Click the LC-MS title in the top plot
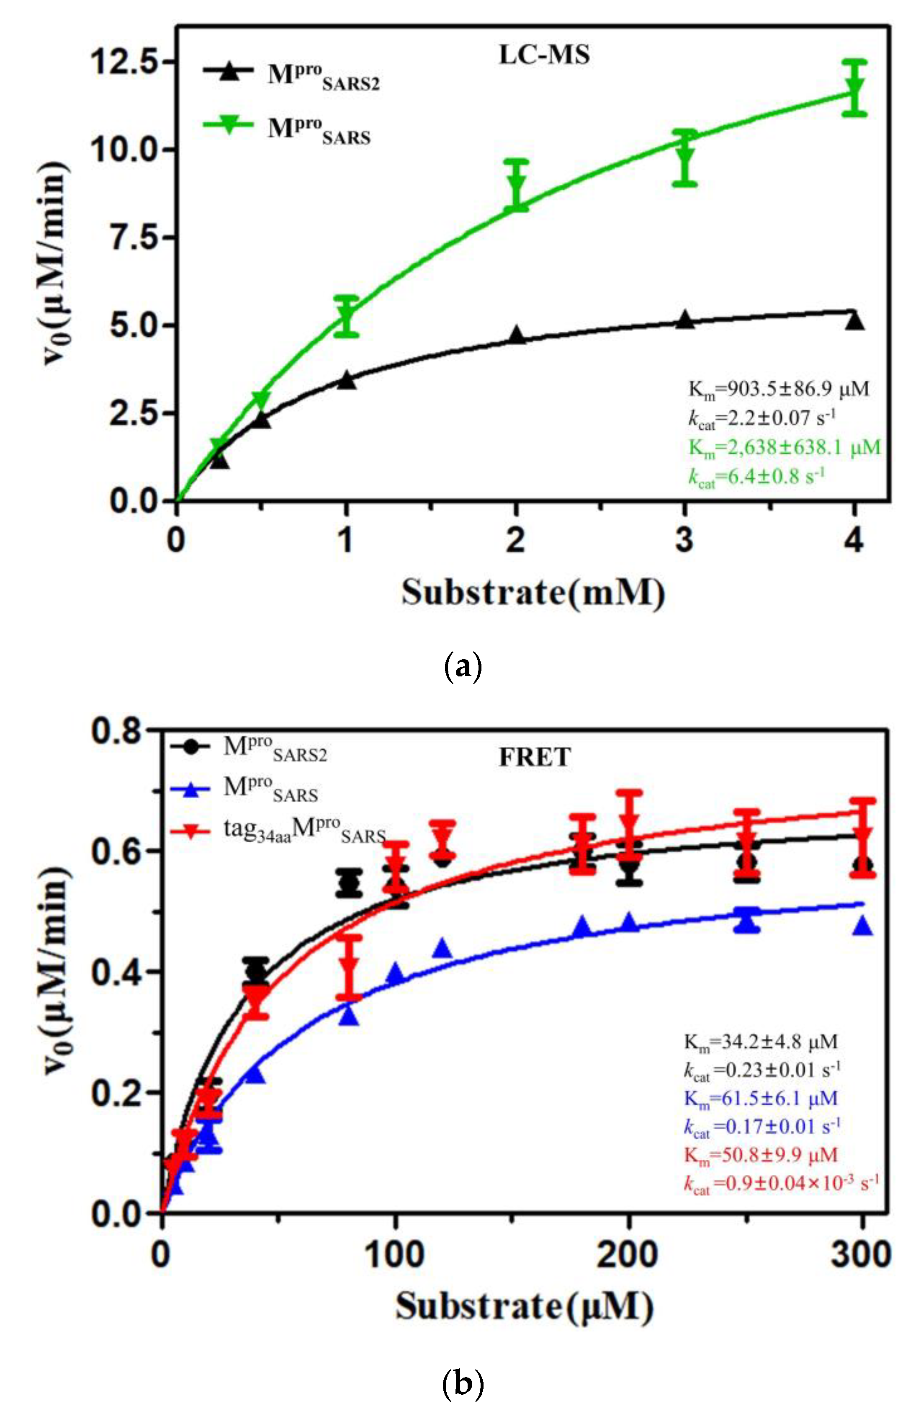[x=544, y=55]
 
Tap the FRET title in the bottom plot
[x=534, y=757]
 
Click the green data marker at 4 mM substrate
[x=855, y=86]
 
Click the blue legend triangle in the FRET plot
[x=190, y=789]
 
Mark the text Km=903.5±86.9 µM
[x=778, y=390]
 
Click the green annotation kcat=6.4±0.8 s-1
[x=756, y=477]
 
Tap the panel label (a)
[x=463, y=668]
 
